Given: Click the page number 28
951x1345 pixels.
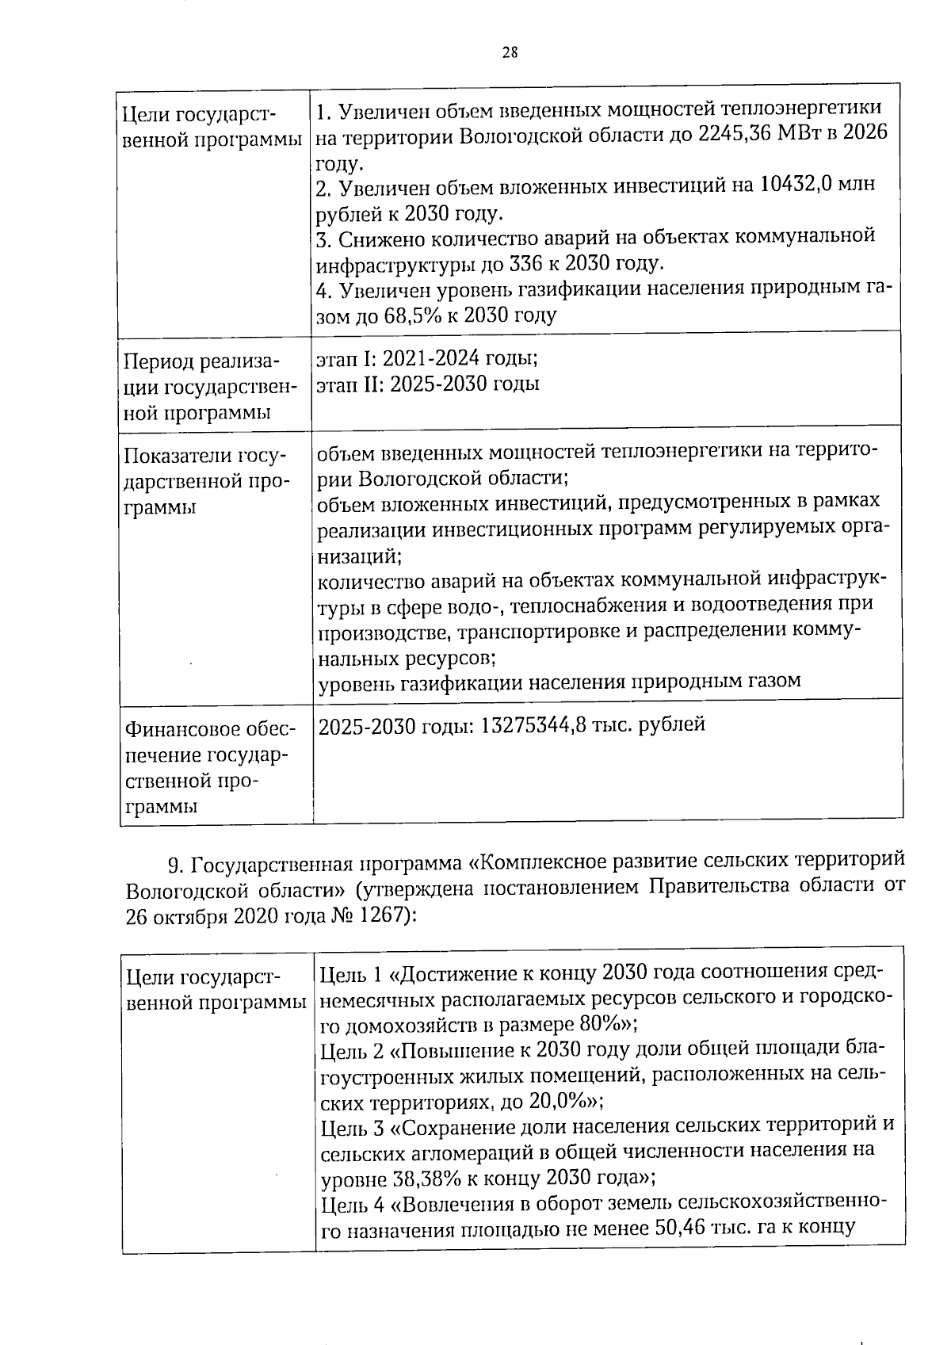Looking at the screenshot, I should pos(510,53).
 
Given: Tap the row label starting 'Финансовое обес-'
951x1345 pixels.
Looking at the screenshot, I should pos(209,729).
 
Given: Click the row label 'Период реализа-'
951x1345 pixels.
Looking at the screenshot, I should pos(201,361).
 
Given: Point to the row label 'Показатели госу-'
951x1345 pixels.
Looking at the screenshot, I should pos(204,457).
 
